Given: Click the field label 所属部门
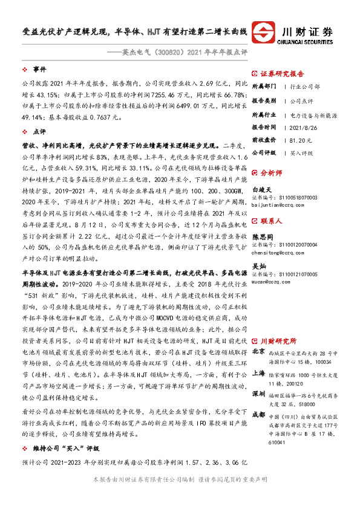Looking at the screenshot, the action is click(263, 86).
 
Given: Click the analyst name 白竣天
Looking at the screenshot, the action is click(261, 189).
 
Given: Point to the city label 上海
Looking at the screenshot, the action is click(258, 356).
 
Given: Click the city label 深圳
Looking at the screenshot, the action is click(258, 377).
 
